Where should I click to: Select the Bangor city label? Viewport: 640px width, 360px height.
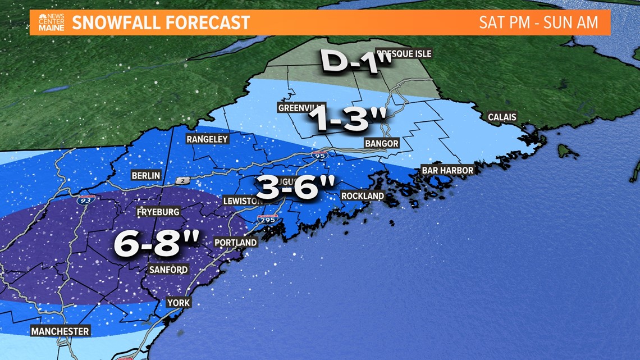[381, 143]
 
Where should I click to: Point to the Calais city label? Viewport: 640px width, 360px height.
[502, 117]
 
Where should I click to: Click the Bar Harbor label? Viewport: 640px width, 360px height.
[447, 170]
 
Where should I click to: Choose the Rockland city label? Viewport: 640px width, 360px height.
[363, 196]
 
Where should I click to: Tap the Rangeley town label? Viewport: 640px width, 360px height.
[207, 139]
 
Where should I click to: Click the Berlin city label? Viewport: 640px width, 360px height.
[145, 175]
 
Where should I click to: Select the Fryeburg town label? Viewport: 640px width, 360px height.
[158, 212]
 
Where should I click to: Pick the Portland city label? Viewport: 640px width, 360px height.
[236, 243]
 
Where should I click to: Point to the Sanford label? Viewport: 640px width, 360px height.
[168, 270]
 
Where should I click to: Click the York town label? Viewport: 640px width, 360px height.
[179, 303]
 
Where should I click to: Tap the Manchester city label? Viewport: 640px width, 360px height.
[60, 331]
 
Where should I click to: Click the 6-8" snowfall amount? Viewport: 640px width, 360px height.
[157, 244]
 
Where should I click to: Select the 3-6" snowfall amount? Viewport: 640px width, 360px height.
[298, 187]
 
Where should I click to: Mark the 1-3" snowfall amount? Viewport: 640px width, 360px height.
[349, 119]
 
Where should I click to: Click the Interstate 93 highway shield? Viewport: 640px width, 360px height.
[86, 198]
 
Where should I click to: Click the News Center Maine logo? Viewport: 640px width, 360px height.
[51, 23]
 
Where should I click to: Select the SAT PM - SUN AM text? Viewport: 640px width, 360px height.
[538, 23]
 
